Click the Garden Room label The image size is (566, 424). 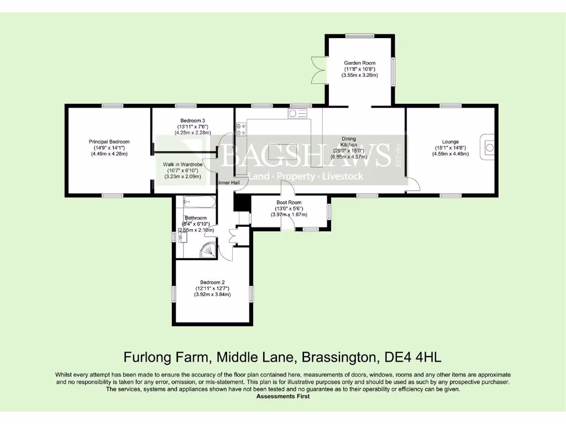[360, 63]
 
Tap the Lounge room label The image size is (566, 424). [450, 141]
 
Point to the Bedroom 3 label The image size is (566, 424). [193, 120]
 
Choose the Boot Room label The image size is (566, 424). [289, 203]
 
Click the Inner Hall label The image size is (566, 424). [229, 183]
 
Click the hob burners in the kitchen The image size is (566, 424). [241, 129]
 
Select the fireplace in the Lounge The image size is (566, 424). [489, 146]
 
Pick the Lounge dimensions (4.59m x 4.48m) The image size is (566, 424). [450, 154]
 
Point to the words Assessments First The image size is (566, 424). [283, 396]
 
